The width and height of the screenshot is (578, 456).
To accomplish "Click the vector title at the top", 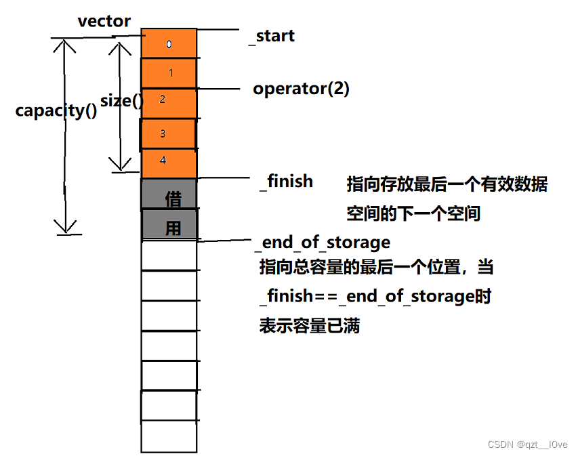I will point(104,21).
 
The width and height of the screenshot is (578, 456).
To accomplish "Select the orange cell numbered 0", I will point(169,44).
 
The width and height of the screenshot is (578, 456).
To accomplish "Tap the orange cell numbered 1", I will point(169,72).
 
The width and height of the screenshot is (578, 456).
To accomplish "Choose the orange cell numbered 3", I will point(168,133).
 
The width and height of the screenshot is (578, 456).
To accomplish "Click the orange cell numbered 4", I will point(169,163).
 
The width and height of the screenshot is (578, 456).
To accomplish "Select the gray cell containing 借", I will point(169,194).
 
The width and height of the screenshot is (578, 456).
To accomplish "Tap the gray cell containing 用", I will point(169,224).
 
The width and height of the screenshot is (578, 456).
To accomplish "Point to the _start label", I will point(272,36).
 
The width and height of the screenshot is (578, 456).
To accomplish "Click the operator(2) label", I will point(301,89).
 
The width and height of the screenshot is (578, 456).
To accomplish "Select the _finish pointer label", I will point(286,181).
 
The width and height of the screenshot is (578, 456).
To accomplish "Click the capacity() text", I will point(56,110).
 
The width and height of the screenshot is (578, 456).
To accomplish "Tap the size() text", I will point(122,102).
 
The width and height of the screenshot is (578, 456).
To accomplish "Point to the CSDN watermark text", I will point(527,444).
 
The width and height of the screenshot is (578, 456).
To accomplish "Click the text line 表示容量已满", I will point(309,326).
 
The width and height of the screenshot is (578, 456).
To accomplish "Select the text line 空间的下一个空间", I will point(413,214).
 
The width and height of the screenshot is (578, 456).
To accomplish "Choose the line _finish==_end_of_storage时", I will point(375,297).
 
